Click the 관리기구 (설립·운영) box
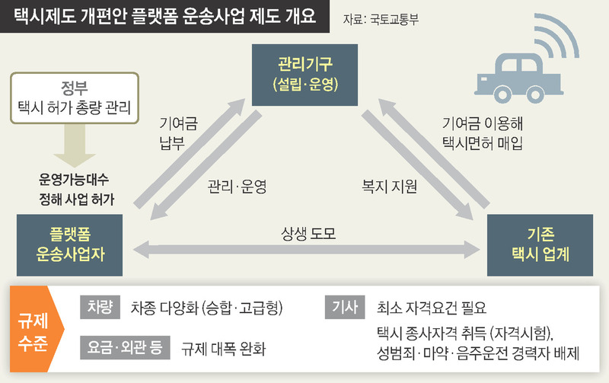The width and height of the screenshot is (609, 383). pyautogui.click(x=304, y=74)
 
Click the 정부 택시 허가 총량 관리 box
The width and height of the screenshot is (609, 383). pyautogui.click(x=75, y=97)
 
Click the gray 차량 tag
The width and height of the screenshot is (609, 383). pyautogui.click(x=100, y=308)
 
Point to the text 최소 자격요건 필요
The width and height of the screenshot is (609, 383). pyautogui.click(x=431, y=308)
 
